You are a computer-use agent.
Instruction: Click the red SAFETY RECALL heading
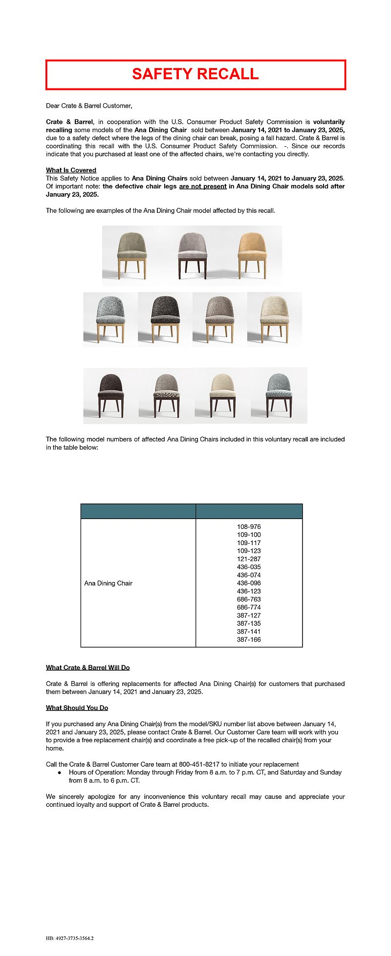(195, 74)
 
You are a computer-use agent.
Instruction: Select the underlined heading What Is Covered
(71, 170)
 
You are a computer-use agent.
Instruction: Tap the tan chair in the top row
(252, 254)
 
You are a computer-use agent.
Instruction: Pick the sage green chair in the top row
(132, 254)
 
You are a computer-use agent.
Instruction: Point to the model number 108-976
(249, 527)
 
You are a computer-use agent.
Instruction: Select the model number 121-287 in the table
(249, 559)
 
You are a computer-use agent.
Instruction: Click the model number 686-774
(249, 607)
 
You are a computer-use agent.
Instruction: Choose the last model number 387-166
(249, 639)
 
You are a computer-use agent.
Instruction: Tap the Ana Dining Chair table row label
(108, 583)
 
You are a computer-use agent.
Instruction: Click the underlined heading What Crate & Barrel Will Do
(88, 668)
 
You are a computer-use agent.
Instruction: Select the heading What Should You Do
(77, 708)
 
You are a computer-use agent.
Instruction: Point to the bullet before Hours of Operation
(59, 773)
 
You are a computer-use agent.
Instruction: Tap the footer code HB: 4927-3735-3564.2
(70, 938)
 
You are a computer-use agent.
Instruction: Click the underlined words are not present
(203, 186)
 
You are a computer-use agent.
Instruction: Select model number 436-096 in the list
(249, 583)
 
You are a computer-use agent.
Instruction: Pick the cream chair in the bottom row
(222, 394)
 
